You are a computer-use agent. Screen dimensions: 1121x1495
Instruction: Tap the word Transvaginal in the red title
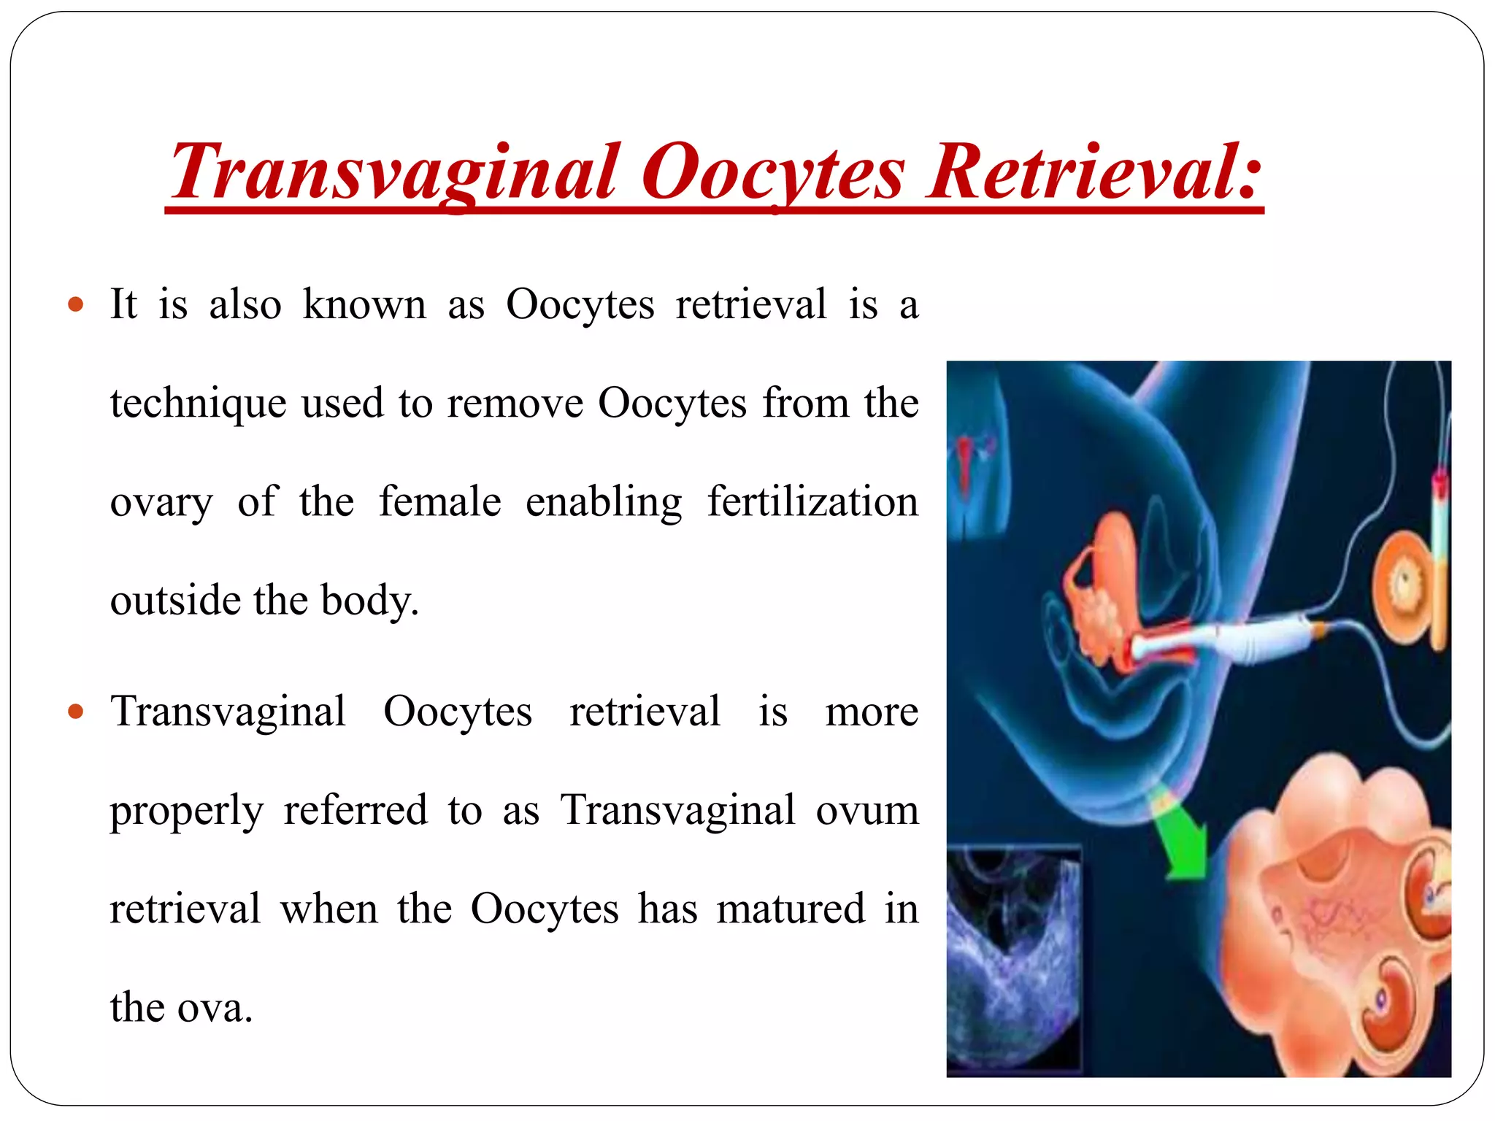pyautogui.click(x=394, y=172)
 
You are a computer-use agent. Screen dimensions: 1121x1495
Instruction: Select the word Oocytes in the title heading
pyautogui.click(x=772, y=172)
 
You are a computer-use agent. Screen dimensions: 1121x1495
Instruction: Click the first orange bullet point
pyautogui.click(x=76, y=304)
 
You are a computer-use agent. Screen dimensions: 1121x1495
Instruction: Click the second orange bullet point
pyautogui.click(x=76, y=711)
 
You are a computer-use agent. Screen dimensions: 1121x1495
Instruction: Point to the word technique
pyautogui.click(x=197, y=404)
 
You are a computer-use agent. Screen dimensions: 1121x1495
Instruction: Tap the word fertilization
pyautogui.click(x=812, y=502)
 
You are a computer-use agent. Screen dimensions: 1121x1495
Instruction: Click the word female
pyautogui.click(x=439, y=502)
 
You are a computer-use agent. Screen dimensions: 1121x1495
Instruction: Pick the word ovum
pyautogui.click(x=866, y=810)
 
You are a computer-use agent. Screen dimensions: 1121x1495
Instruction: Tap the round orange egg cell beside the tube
pyautogui.click(x=1402, y=584)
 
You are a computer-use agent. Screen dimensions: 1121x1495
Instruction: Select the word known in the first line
pyautogui.click(x=364, y=304)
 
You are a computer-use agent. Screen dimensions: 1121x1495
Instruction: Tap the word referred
pyautogui.click(x=356, y=810)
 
